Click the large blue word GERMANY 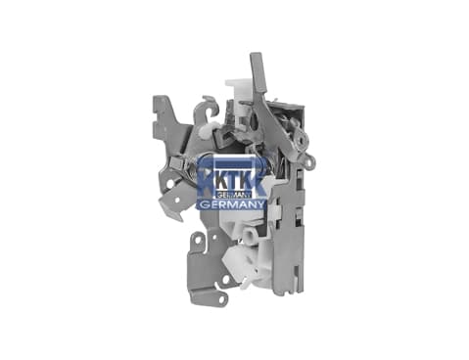point(232,204)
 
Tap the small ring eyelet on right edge point(311,160)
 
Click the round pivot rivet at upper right point(303,139)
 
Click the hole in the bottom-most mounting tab point(222,298)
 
